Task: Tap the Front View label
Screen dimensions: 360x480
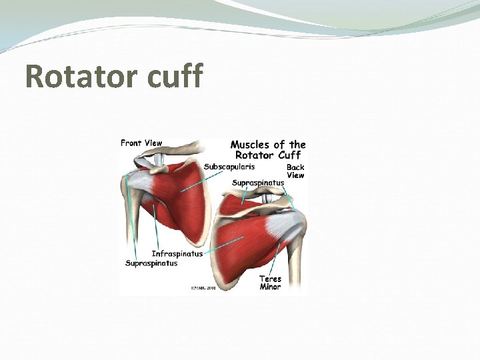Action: point(141,143)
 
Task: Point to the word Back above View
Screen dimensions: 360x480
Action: point(295,167)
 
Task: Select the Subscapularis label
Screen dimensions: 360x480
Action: point(229,167)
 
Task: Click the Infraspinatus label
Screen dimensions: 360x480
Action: point(177,253)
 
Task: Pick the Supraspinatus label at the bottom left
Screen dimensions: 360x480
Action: point(151,263)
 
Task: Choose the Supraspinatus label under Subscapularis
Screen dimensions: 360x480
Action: point(258,182)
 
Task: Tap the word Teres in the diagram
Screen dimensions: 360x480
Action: point(271,279)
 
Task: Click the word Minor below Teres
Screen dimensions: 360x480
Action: point(271,287)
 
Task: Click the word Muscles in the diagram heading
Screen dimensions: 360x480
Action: point(250,144)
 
